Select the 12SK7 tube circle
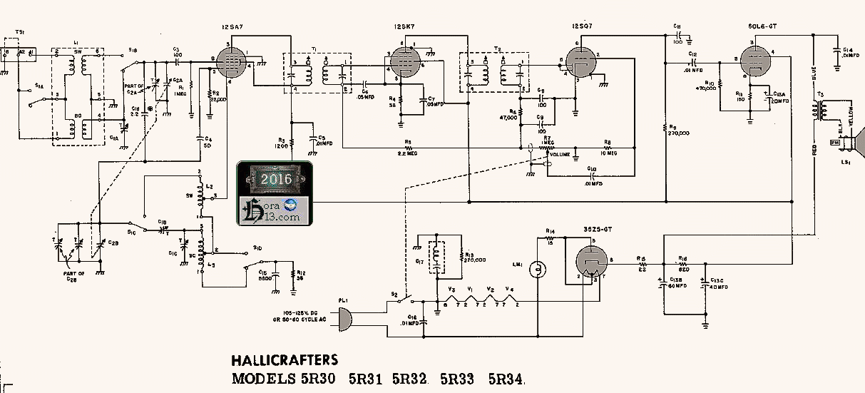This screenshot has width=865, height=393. click(404, 61)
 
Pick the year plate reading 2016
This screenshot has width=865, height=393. click(275, 178)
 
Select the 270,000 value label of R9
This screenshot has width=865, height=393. click(680, 133)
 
